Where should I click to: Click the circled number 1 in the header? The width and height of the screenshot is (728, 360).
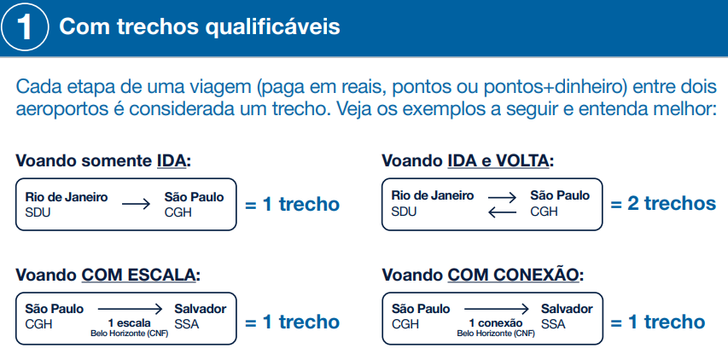24,27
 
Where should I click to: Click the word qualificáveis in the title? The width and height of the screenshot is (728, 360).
272,27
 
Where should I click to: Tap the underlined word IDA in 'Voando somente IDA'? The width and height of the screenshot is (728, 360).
171,161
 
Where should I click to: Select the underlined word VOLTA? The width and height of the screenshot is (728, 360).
522,161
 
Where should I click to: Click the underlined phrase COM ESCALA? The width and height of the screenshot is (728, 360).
139,275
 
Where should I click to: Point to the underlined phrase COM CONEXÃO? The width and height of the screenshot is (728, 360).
514,275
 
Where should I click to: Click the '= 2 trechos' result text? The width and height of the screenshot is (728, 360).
663,204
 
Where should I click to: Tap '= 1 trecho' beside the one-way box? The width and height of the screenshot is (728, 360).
293,204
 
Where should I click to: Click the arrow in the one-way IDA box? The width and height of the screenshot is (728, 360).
136,204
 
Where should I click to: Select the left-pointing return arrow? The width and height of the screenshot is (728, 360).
502,212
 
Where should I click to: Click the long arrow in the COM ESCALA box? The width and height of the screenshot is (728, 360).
130,309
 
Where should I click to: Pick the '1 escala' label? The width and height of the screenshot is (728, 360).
130,323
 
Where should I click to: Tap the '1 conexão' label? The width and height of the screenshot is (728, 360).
496,323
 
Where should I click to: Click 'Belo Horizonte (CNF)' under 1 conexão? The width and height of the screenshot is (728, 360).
496,334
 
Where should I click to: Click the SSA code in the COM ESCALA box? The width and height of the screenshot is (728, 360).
187,324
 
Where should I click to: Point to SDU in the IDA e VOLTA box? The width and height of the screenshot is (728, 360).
404,212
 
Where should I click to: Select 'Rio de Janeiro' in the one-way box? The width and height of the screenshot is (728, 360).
67,197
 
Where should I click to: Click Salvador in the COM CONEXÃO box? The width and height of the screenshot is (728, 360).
567,309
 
